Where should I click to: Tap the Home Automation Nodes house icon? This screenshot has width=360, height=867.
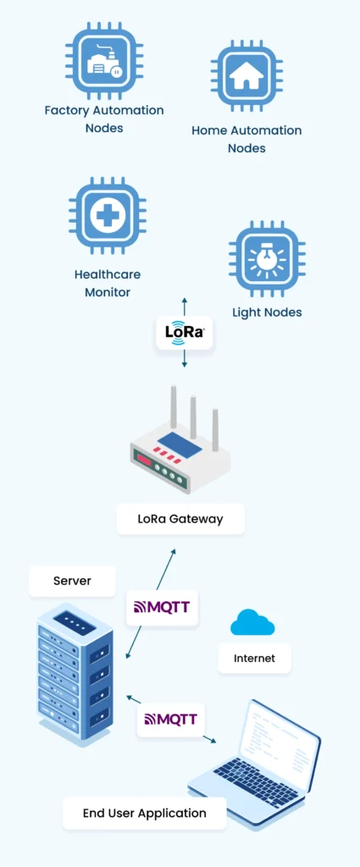click(246, 75)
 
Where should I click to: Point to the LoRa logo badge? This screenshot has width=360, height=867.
click(185, 333)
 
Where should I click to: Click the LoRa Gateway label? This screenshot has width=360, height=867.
click(180, 519)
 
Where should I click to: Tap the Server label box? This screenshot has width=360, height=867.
click(72, 581)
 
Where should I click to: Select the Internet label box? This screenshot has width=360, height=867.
click(254, 658)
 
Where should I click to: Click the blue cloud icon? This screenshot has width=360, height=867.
click(252, 622)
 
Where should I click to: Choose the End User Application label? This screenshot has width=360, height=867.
click(144, 813)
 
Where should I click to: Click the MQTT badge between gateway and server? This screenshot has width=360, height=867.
click(162, 608)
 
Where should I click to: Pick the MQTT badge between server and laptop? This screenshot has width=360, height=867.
click(171, 719)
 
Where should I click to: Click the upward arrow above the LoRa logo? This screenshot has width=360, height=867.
click(185, 306)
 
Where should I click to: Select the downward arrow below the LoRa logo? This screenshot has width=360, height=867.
click(185, 358)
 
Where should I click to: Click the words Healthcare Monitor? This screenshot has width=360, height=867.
click(108, 283)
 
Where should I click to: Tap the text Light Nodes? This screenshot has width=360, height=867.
click(267, 312)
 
